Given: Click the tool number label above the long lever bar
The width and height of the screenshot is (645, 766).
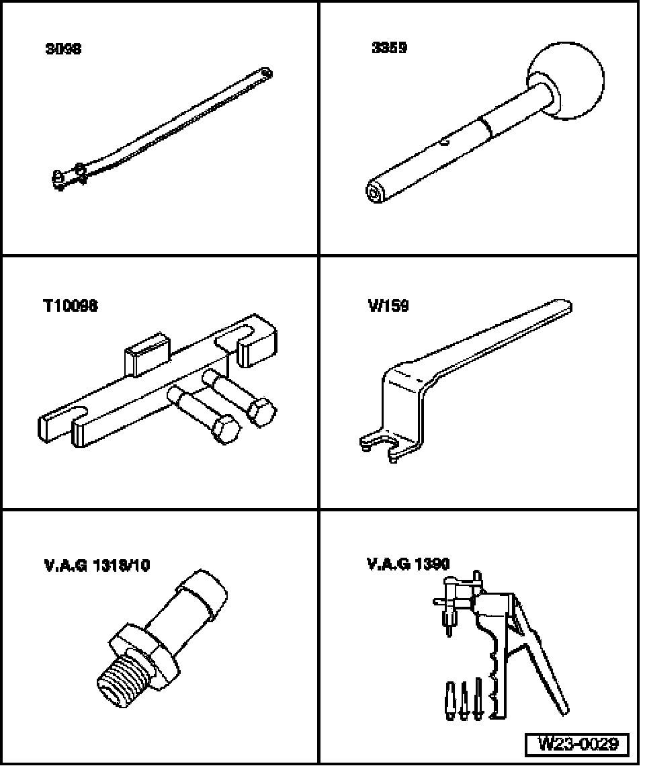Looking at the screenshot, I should pyautogui.click(x=63, y=49).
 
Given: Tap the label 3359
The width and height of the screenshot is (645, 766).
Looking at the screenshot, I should pyautogui.click(x=389, y=48).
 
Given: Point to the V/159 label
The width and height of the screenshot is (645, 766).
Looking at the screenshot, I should pyautogui.click(x=388, y=306).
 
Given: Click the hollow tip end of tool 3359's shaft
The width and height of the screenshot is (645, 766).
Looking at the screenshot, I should pyautogui.click(x=373, y=191).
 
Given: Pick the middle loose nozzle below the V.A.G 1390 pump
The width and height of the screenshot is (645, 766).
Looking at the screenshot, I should pyautogui.click(x=463, y=701).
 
